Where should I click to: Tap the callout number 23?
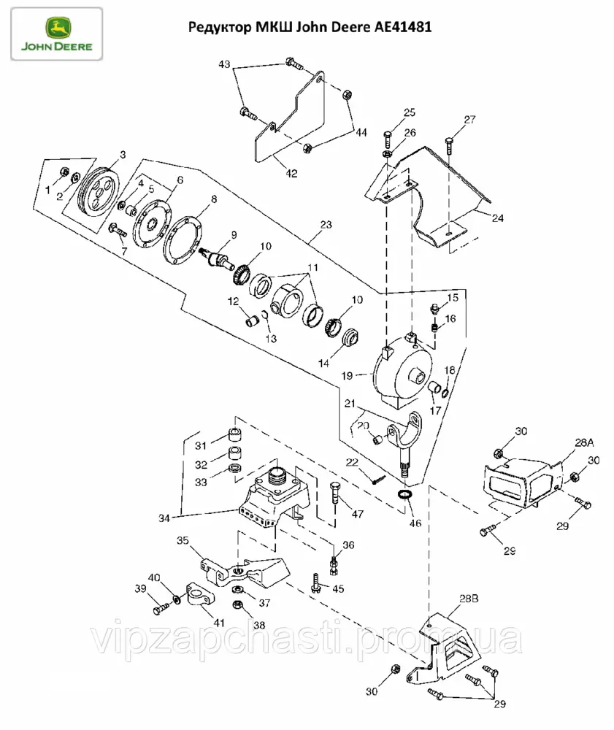(326, 225)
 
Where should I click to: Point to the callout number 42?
(291, 174)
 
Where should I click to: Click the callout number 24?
(497, 218)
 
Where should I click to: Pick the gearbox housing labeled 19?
(400, 372)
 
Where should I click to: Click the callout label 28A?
(585, 443)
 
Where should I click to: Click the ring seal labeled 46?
(404, 496)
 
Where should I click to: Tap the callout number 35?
(183, 541)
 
